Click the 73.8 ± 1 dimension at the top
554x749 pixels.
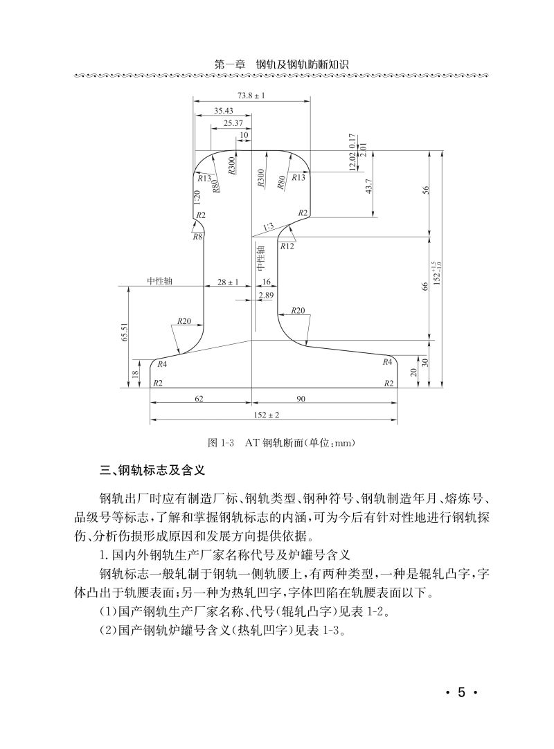(x=251, y=95)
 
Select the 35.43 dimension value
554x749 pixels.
(x=223, y=111)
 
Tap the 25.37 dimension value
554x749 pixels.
(x=233, y=123)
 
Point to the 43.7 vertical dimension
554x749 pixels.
(x=369, y=186)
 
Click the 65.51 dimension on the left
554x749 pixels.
(x=125, y=332)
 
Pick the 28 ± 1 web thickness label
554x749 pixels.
(x=228, y=282)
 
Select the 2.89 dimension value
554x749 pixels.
(x=265, y=296)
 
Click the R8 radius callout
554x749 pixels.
(x=197, y=237)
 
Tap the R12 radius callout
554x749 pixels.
(x=287, y=246)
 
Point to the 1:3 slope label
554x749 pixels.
(x=268, y=226)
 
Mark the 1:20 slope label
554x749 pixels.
(x=197, y=199)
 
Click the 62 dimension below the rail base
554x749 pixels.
(x=200, y=399)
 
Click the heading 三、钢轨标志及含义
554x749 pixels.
(x=150, y=471)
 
